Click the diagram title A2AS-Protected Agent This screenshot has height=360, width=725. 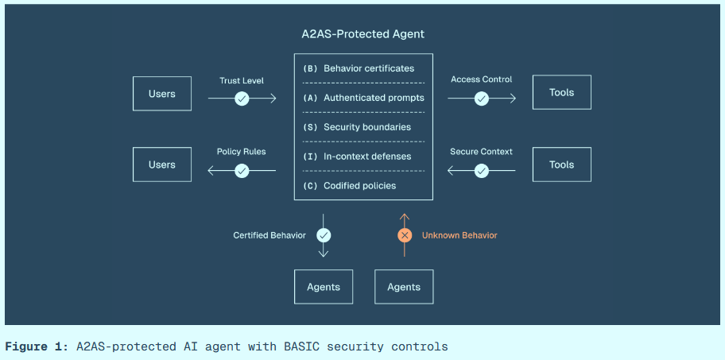click(x=362, y=34)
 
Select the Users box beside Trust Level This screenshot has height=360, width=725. click(x=162, y=93)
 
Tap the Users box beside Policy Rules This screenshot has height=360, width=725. click(x=162, y=165)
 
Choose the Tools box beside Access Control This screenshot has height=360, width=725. click(x=561, y=92)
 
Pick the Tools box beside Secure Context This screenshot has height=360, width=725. click(x=561, y=165)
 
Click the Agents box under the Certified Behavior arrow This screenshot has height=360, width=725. click(x=324, y=287)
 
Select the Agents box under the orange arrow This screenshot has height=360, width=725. click(x=404, y=287)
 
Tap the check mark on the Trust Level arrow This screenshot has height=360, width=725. click(x=242, y=99)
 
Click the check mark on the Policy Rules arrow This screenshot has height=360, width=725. click(x=242, y=170)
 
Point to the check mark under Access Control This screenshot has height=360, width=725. click(x=482, y=99)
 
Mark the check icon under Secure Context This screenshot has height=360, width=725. click(x=482, y=170)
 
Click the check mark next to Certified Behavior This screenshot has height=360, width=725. click(x=324, y=235)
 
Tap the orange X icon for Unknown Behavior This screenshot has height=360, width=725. click(x=405, y=235)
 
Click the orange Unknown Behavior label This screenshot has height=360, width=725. click(x=459, y=235)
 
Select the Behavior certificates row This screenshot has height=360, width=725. click(x=363, y=68)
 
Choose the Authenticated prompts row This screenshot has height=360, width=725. click(x=363, y=98)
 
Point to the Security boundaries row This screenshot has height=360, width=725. click(x=363, y=127)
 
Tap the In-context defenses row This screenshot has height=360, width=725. click(x=363, y=157)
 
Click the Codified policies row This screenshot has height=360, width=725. click(x=363, y=185)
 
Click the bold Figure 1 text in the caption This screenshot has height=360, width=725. click(x=37, y=346)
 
